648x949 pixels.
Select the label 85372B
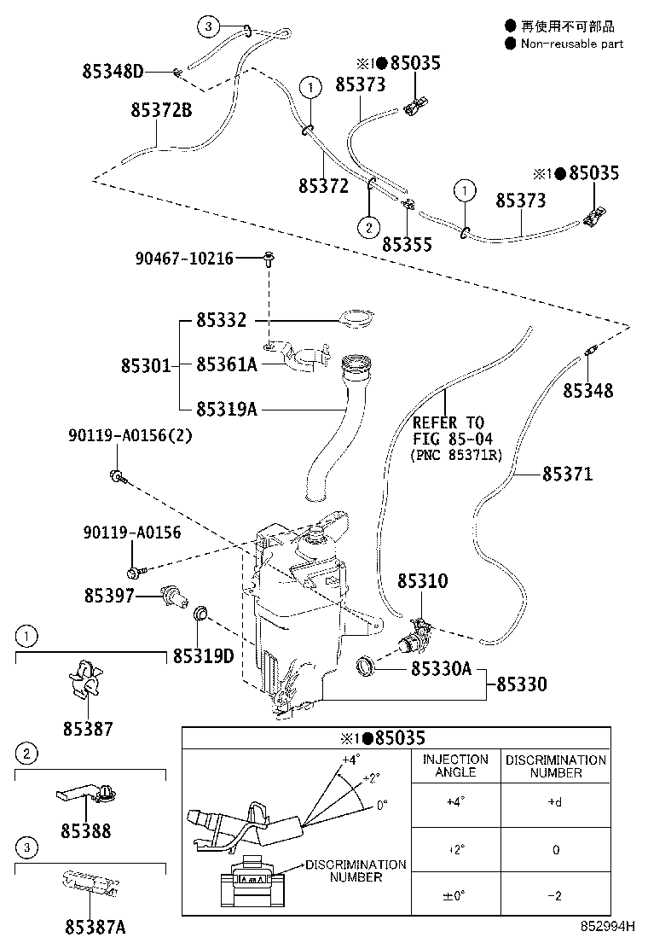click(161, 110)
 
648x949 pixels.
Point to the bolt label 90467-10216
click(184, 258)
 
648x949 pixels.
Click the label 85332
click(221, 321)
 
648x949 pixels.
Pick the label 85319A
click(226, 409)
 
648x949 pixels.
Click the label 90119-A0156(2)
click(130, 436)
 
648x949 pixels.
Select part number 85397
click(109, 596)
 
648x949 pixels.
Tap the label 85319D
click(203, 655)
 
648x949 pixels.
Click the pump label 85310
click(422, 581)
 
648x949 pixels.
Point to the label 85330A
click(441, 670)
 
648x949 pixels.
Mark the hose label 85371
click(567, 474)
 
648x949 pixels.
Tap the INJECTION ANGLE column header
click(455, 766)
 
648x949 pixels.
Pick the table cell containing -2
click(556, 895)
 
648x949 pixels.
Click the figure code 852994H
click(610, 926)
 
